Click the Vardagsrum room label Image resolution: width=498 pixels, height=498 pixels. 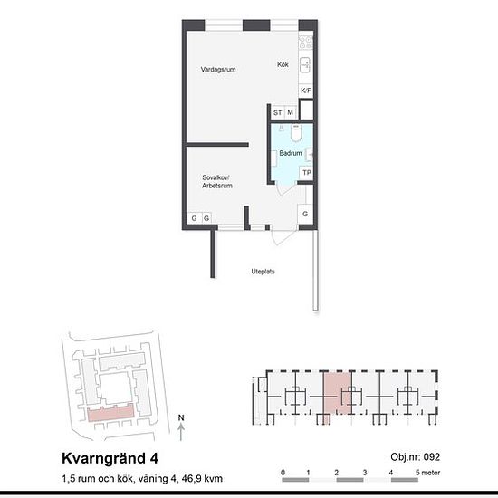pyautogui.click(x=218, y=69)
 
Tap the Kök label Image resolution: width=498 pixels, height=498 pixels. pyautogui.click(x=283, y=64)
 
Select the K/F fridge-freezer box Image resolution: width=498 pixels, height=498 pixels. pyautogui.click(x=306, y=91)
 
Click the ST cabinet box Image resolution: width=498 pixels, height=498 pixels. pyautogui.click(x=278, y=112)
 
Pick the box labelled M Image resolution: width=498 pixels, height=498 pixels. pyautogui.click(x=291, y=112)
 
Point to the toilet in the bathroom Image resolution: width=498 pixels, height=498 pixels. pyautogui.click(x=296, y=133)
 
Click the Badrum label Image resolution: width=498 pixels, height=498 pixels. pyautogui.click(x=291, y=153)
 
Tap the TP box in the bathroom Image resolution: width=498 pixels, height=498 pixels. pyautogui.click(x=306, y=173)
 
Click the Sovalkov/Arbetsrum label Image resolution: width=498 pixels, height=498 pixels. pyautogui.click(x=217, y=182)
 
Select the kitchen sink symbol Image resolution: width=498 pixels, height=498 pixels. pyautogui.click(x=305, y=65)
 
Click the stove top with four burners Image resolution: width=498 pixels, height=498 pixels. pyautogui.click(x=306, y=43)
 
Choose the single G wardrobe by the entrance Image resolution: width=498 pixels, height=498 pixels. pyautogui.click(x=305, y=214)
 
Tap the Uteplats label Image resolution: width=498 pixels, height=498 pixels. pyautogui.click(x=263, y=272)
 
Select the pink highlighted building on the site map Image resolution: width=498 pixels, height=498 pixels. pyautogui.click(x=110, y=412)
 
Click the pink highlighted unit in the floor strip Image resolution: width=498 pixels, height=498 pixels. pyautogui.click(x=337, y=394)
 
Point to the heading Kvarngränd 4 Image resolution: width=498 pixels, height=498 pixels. pyautogui.click(x=110, y=458)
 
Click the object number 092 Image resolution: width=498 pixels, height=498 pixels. pyautogui.click(x=432, y=457)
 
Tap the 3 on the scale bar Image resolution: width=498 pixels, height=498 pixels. pyautogui.click(x=365, y=473)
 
